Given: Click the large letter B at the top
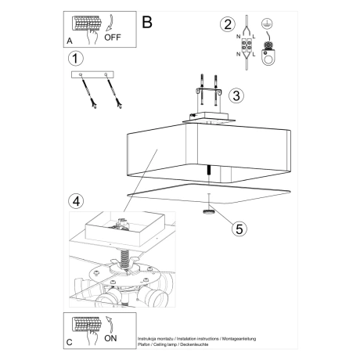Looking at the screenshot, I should click(x=146, y=22).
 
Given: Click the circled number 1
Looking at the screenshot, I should click(x=75, y=59).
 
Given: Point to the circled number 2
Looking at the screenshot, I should click(x=228, y=23).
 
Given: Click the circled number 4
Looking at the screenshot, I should click(x=75, y=200).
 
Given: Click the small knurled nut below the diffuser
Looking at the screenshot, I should click(x=210, y=211).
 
